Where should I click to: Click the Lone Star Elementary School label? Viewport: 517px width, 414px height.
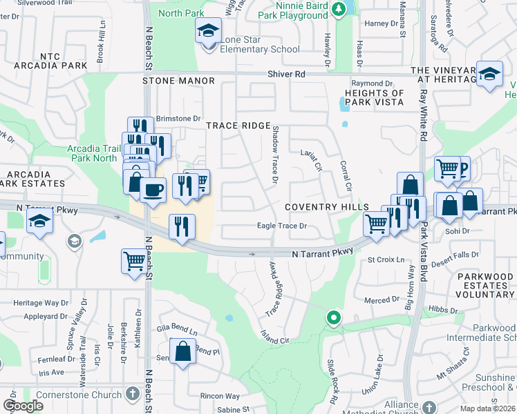click(x=260, y=44)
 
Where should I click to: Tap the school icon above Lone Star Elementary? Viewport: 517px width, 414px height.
click(x=207, y=32)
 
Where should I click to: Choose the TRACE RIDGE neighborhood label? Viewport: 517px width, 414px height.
click(x=238, y=125)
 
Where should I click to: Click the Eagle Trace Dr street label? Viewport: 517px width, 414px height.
click(x=281, y=226)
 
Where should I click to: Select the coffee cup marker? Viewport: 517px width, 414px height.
click(x=153, y=188)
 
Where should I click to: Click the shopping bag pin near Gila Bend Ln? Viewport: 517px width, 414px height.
click(x=183, y=351)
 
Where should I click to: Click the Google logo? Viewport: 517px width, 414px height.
click(x=23, y=406)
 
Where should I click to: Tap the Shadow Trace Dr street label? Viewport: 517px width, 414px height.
click(x=274, y=155)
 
